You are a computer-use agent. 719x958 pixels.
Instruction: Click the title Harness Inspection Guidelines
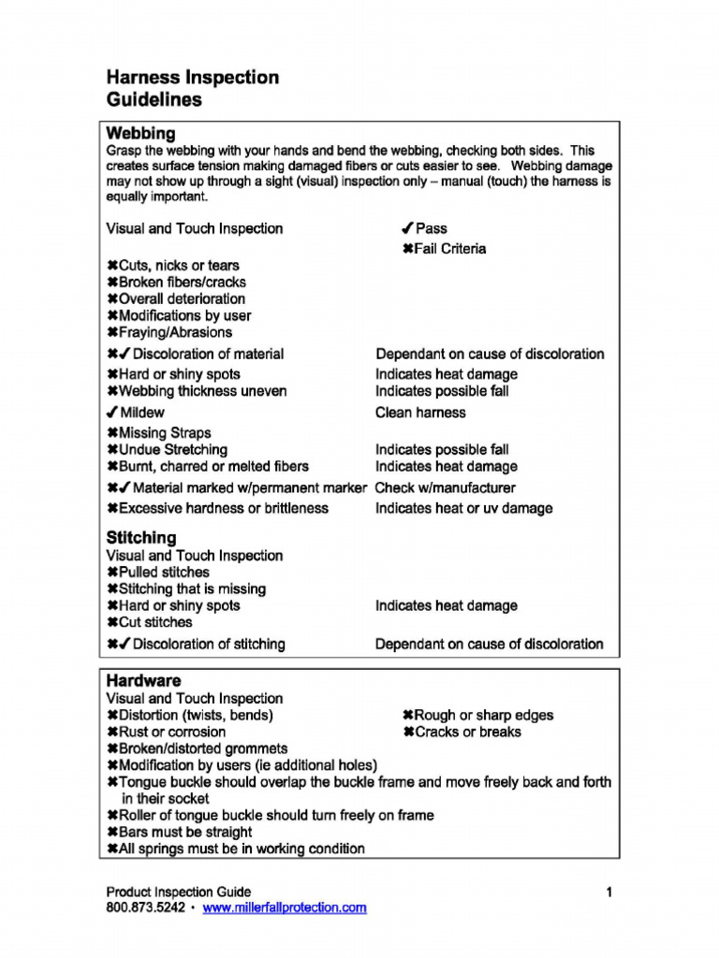tap(192, 88)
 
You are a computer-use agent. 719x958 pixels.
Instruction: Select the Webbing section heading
tap(140, 134)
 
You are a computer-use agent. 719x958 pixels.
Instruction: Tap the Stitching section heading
tap(140, 538)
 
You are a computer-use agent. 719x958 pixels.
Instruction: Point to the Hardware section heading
tap(143, 681)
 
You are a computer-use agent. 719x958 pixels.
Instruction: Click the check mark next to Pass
tap(407, 228)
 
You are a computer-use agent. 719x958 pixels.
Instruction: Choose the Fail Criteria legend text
tap(450, 249)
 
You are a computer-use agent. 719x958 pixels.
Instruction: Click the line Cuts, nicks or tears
tap(178, 266)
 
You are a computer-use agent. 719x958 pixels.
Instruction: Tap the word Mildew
tap(141, 413)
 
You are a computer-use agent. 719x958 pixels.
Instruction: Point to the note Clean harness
tap(420, 413)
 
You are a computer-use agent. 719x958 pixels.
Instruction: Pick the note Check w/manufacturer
tap(445, 487)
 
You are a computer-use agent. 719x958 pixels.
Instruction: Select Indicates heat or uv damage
tap(463, 508)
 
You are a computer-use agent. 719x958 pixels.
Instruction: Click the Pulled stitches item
tap(164, 573)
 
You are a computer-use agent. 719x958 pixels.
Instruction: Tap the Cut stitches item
tap(155, 622)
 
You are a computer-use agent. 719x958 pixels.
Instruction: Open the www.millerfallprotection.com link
tap(285, 907)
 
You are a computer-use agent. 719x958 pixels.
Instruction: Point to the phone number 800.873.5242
tap(145, 907)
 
